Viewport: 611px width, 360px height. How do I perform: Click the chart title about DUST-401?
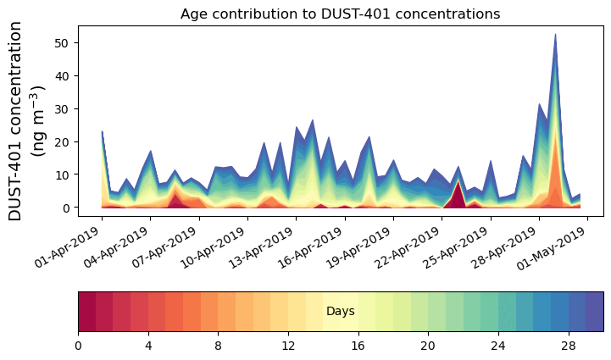point(340,14)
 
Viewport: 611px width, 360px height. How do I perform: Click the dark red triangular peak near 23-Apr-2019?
point(458,197)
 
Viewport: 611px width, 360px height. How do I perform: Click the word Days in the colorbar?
point(340,312)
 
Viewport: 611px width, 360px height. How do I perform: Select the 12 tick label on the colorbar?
point(288,346)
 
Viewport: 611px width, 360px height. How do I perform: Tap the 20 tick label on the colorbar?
point(428,346)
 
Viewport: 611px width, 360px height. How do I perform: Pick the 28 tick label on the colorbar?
point(568,346)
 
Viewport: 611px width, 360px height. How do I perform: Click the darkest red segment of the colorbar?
point(86,312)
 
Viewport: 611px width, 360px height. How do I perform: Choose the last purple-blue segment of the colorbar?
point(594,312)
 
